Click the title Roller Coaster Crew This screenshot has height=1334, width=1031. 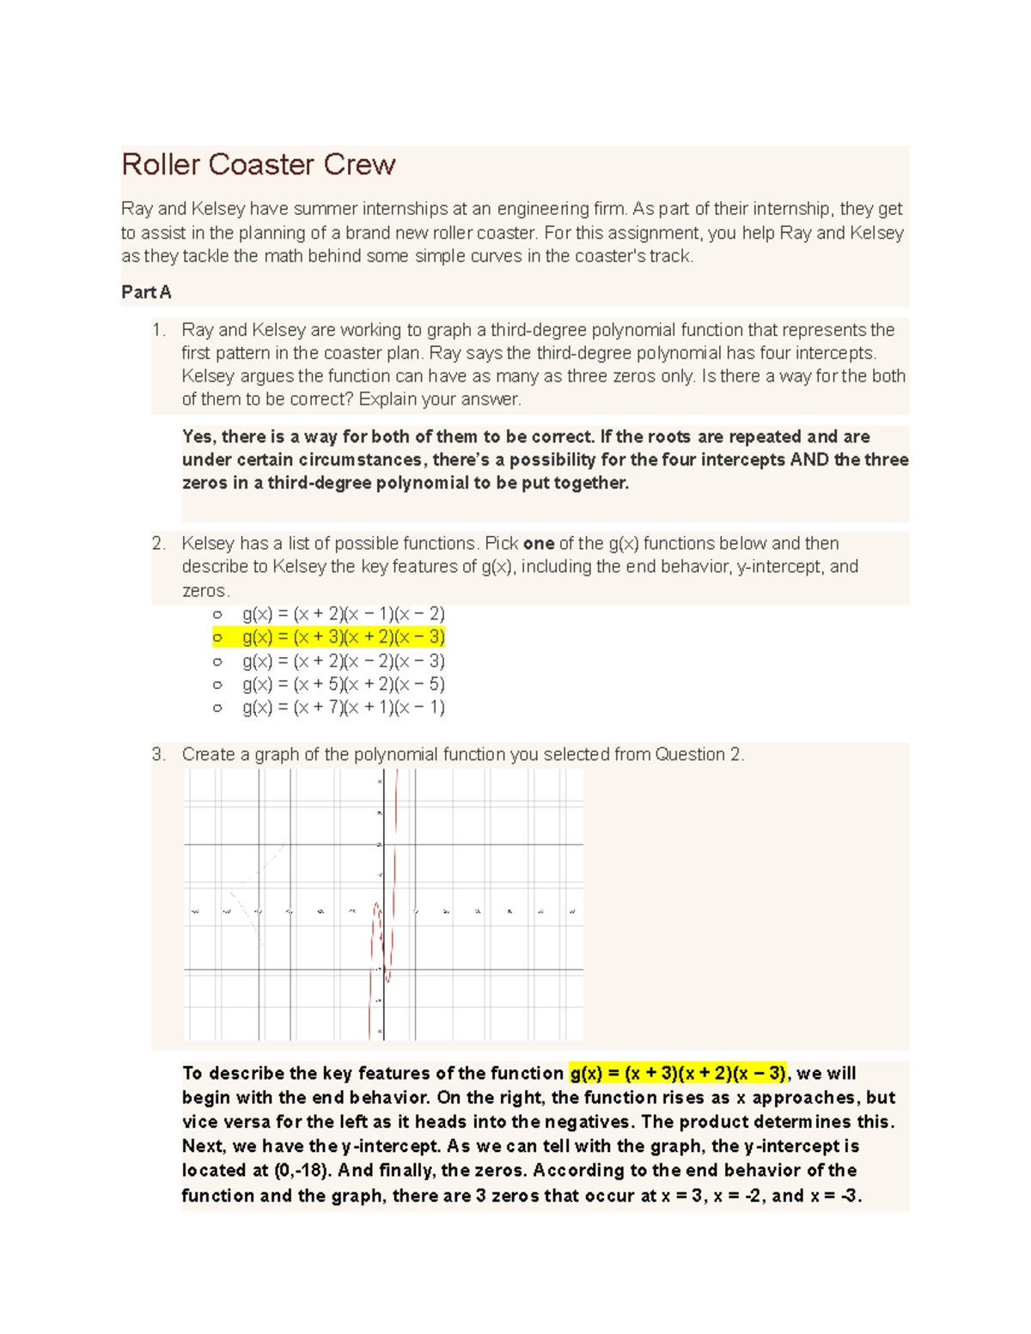click(258, 165)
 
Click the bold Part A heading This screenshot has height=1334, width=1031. click(146, 292)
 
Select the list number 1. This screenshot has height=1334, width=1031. click(157, 330)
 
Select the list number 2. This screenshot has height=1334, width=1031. click(157, 544)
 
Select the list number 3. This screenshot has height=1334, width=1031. click(157, 755)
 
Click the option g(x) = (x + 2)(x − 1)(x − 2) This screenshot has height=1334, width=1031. click(343, 614)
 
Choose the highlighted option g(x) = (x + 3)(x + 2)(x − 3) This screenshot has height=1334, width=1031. click(343, 637)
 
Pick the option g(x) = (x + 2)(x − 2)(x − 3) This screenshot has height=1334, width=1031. click(343, 661)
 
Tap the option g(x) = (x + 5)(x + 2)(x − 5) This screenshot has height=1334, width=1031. click(343, 685)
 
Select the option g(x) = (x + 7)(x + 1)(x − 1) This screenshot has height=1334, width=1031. click(343, 708)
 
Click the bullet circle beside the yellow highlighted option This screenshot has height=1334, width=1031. click(217, 637)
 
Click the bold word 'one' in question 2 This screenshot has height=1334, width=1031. click(539, 544)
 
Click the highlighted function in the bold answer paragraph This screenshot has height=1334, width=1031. click(677, 1074)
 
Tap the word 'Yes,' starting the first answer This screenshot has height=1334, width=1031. click(199, 436)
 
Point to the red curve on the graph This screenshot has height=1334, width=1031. click(394, 859)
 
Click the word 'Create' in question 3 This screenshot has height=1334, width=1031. click(208, 755)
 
